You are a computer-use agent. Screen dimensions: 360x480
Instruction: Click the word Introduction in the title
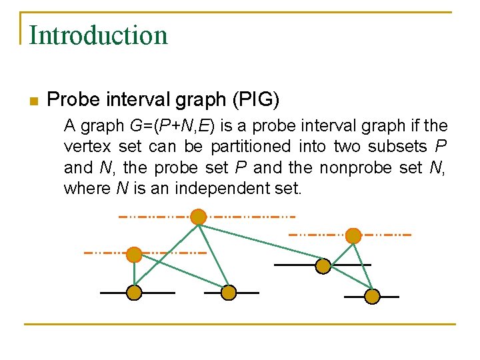coord(98,35)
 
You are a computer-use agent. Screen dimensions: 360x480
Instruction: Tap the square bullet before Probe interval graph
coord(33,101)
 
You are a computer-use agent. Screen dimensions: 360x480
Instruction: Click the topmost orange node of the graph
coord(198,217)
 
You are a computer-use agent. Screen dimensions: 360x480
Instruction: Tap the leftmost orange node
coord(134,254)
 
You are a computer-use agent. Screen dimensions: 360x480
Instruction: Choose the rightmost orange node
coord(353,235)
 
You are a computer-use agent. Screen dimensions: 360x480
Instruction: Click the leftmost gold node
coord(134,293)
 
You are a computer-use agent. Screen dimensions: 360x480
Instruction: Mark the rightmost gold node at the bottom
coord(372,296)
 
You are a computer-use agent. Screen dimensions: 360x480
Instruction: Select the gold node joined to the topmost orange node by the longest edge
coord(323,266)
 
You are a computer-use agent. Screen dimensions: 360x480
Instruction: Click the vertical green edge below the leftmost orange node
coord(134,273)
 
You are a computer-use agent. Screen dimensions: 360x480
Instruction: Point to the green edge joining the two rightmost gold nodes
coord(348,281)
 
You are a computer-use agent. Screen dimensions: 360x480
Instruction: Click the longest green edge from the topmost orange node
coord(260,241)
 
